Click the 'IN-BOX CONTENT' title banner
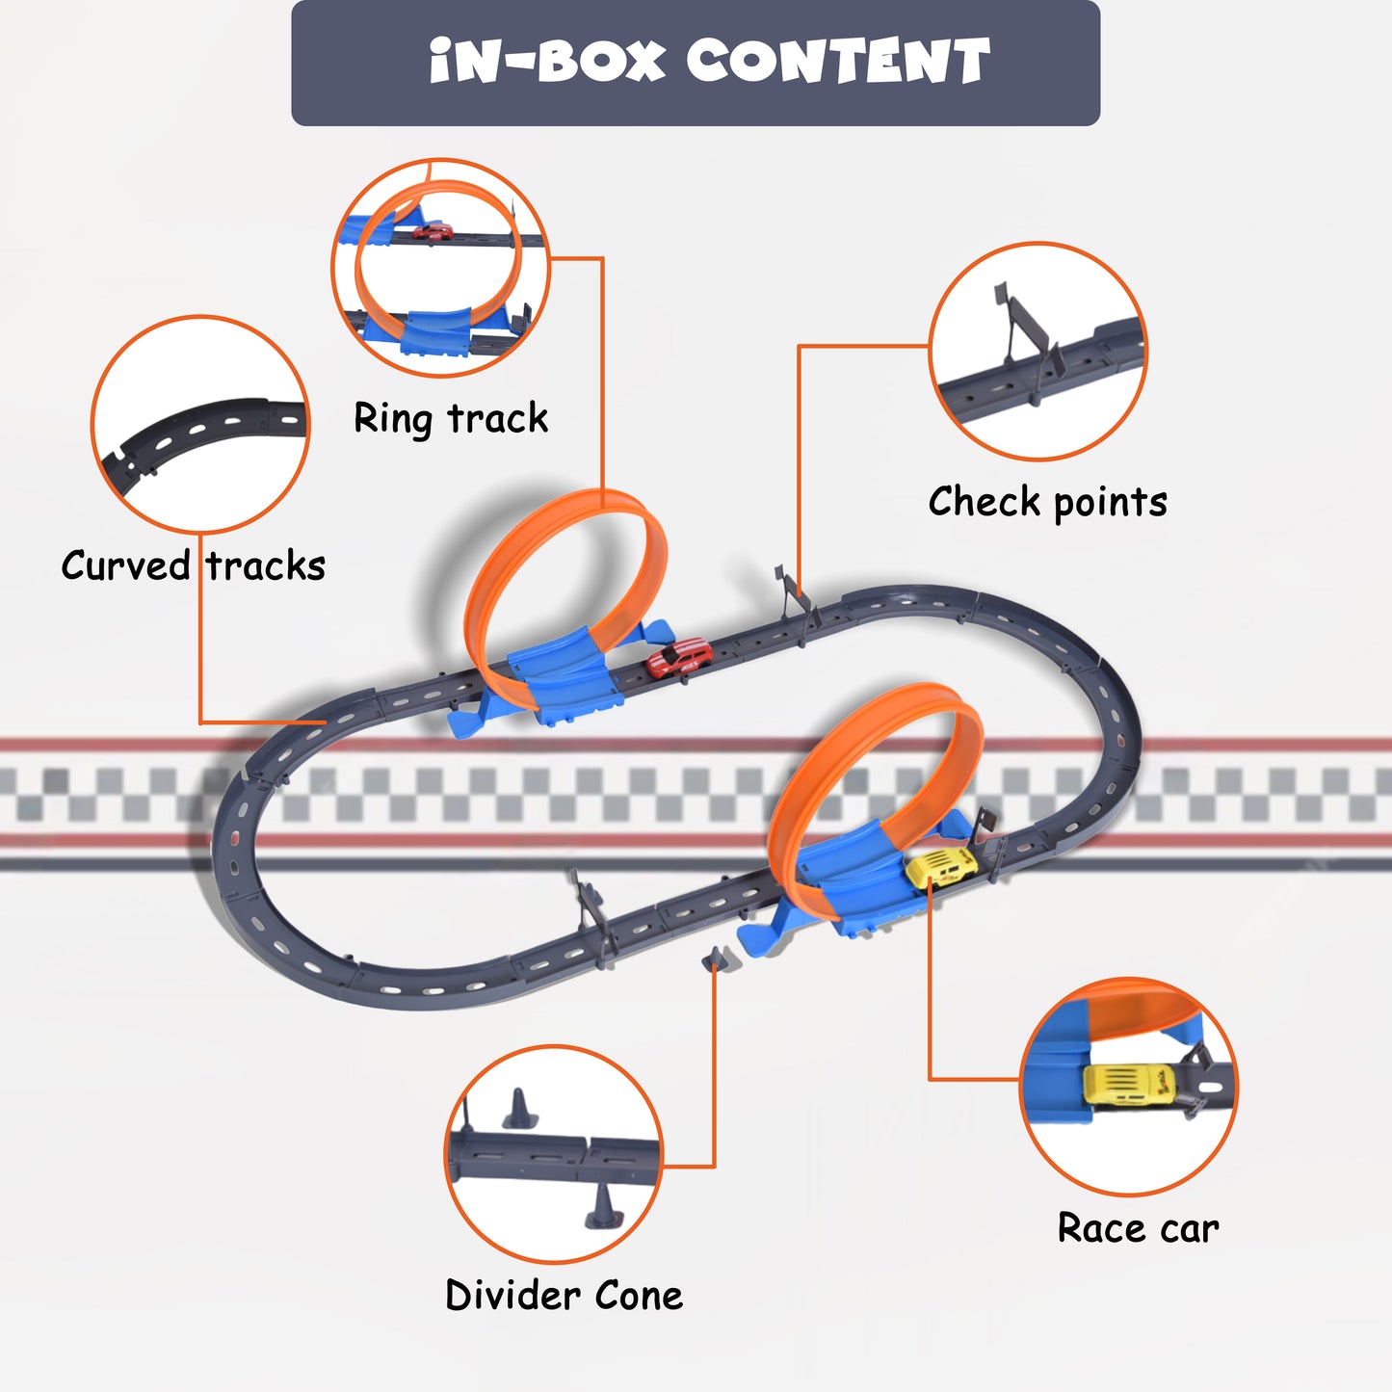(x=696, y=63)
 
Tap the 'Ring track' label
(x=451, y=419)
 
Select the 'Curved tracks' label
(x=194, y=565)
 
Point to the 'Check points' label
(x=1047, y=502)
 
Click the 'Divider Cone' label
(x=565, y=1296)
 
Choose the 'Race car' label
(x=1138, y=1228)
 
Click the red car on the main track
(x=680, y=658)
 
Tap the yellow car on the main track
(x=941, y=866)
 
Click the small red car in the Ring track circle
(x=433, y=231)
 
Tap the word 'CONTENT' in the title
(x=838, y=63)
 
